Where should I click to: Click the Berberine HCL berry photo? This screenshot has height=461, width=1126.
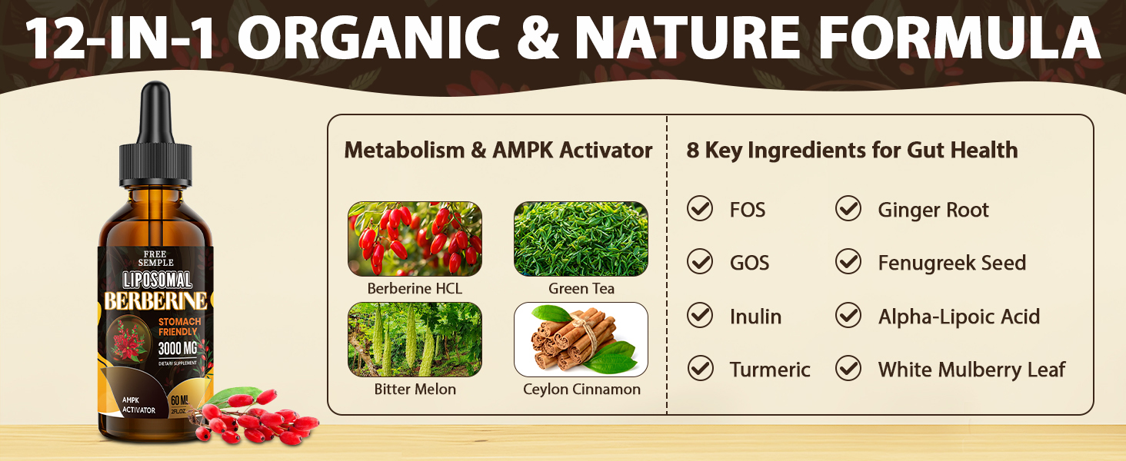415,239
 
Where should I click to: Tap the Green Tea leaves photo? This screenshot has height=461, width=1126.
581,239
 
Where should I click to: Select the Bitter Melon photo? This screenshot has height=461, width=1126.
415,340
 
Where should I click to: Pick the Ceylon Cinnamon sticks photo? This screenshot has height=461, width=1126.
581,340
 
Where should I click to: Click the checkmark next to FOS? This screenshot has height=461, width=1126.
700,208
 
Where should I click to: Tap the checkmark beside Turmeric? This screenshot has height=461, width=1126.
700,368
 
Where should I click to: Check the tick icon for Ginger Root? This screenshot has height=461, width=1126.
848,208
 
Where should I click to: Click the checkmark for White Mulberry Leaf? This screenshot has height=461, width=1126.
848,368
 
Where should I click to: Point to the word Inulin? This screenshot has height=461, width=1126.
755,317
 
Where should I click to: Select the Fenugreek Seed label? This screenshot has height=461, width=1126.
951,263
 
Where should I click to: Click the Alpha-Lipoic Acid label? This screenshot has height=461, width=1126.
958,317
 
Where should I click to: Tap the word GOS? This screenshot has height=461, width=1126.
749,263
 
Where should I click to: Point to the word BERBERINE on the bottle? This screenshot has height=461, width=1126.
156,301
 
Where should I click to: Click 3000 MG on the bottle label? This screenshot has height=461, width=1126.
178,348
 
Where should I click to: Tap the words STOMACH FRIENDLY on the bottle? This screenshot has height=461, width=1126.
179,327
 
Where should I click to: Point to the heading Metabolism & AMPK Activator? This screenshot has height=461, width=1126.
498,150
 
